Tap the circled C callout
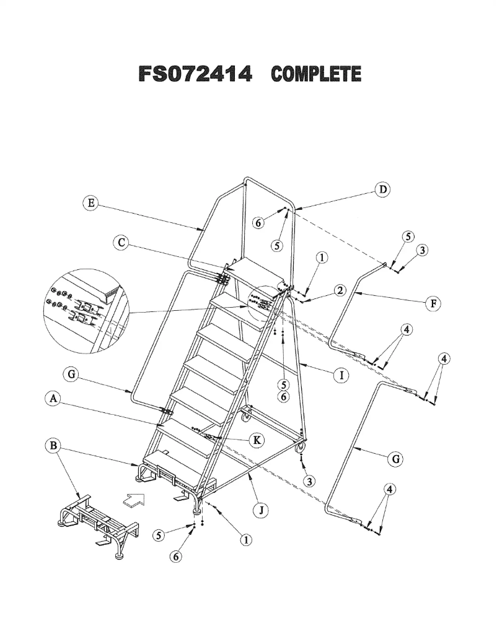click(x=122, y=243)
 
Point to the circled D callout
click(x=384, y=189)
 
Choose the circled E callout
click(x=91, y=202)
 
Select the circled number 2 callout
click(x=339, y=292)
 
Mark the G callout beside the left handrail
click(x=72, y=375)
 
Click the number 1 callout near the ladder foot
click(x=246, y=540)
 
